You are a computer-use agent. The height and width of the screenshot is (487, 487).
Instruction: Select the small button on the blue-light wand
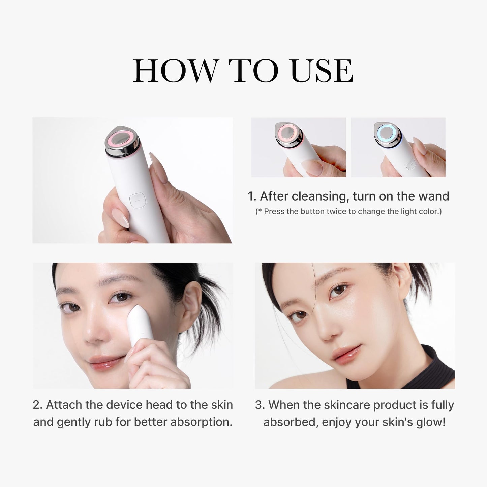[410, 165]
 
